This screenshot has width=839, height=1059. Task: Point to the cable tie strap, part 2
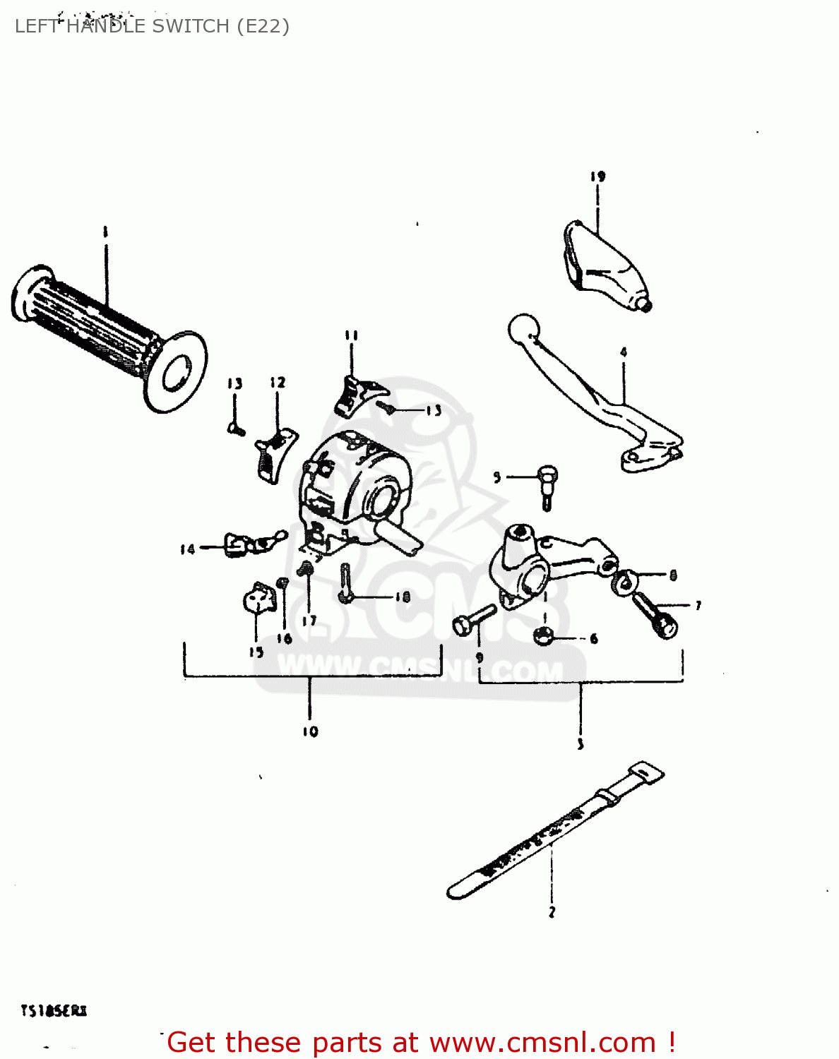[551, 833]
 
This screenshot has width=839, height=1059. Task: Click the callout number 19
[598, 176]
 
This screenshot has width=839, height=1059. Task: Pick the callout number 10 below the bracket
[310, 731]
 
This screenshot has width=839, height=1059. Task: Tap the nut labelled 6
[542, 636]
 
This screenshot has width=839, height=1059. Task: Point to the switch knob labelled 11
[357, 394]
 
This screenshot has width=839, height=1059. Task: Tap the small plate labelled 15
[258, 599]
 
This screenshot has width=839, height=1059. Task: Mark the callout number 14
[187, 549]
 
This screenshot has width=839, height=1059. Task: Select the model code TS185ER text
[54, 1011]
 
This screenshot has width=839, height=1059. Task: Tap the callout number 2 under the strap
[552, 912]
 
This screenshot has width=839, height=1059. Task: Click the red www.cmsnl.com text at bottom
[542, 1043]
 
